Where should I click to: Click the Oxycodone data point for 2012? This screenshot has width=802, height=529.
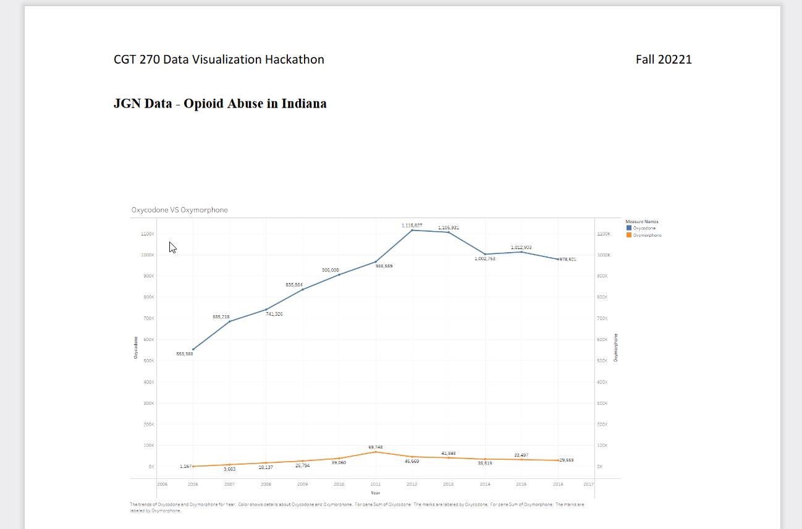pyautogui.click(x=412, y=231)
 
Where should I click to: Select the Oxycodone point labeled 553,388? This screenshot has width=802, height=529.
pyautogui.click(x=193, y=349)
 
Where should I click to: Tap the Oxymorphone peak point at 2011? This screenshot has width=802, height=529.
pyautogui.click(x=376, y=452)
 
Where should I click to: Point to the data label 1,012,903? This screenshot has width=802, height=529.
pyautogui.click(x=521, y=247)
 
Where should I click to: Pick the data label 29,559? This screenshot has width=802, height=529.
pyautogui.click(x=567, y=460)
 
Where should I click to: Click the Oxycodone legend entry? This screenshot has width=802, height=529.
pyautogui.click(x=644, y=228)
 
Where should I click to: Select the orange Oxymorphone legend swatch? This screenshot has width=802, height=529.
pyautogui.click(x=629, y=235)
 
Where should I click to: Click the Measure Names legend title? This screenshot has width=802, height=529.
pyautogui.click(x=641, y=221)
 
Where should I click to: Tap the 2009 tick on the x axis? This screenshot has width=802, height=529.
pyautogui.click(x=303, y=484)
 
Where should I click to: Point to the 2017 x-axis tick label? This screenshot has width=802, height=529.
pyautogui.click(x=588, y=484)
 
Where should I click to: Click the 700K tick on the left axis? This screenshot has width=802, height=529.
pyautogui.click(x=147, y=318)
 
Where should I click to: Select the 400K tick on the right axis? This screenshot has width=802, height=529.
pyautogui.click(x=603, y=382)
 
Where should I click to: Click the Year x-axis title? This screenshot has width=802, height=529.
pyautogui.click(x=375, y=493)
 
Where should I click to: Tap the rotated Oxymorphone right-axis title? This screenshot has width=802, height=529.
pyautogui.click(x=616, y=347)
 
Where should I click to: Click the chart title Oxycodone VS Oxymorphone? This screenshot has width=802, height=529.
pyautogui.click(x=179, y=210)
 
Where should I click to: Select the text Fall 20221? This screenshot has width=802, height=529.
pyautogui.click(x=664, y=59)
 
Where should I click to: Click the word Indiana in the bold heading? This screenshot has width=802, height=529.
pyautogui.click(x=304, y=103)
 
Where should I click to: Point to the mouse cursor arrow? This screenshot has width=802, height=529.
pyautogui.click(x=172, y=247)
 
